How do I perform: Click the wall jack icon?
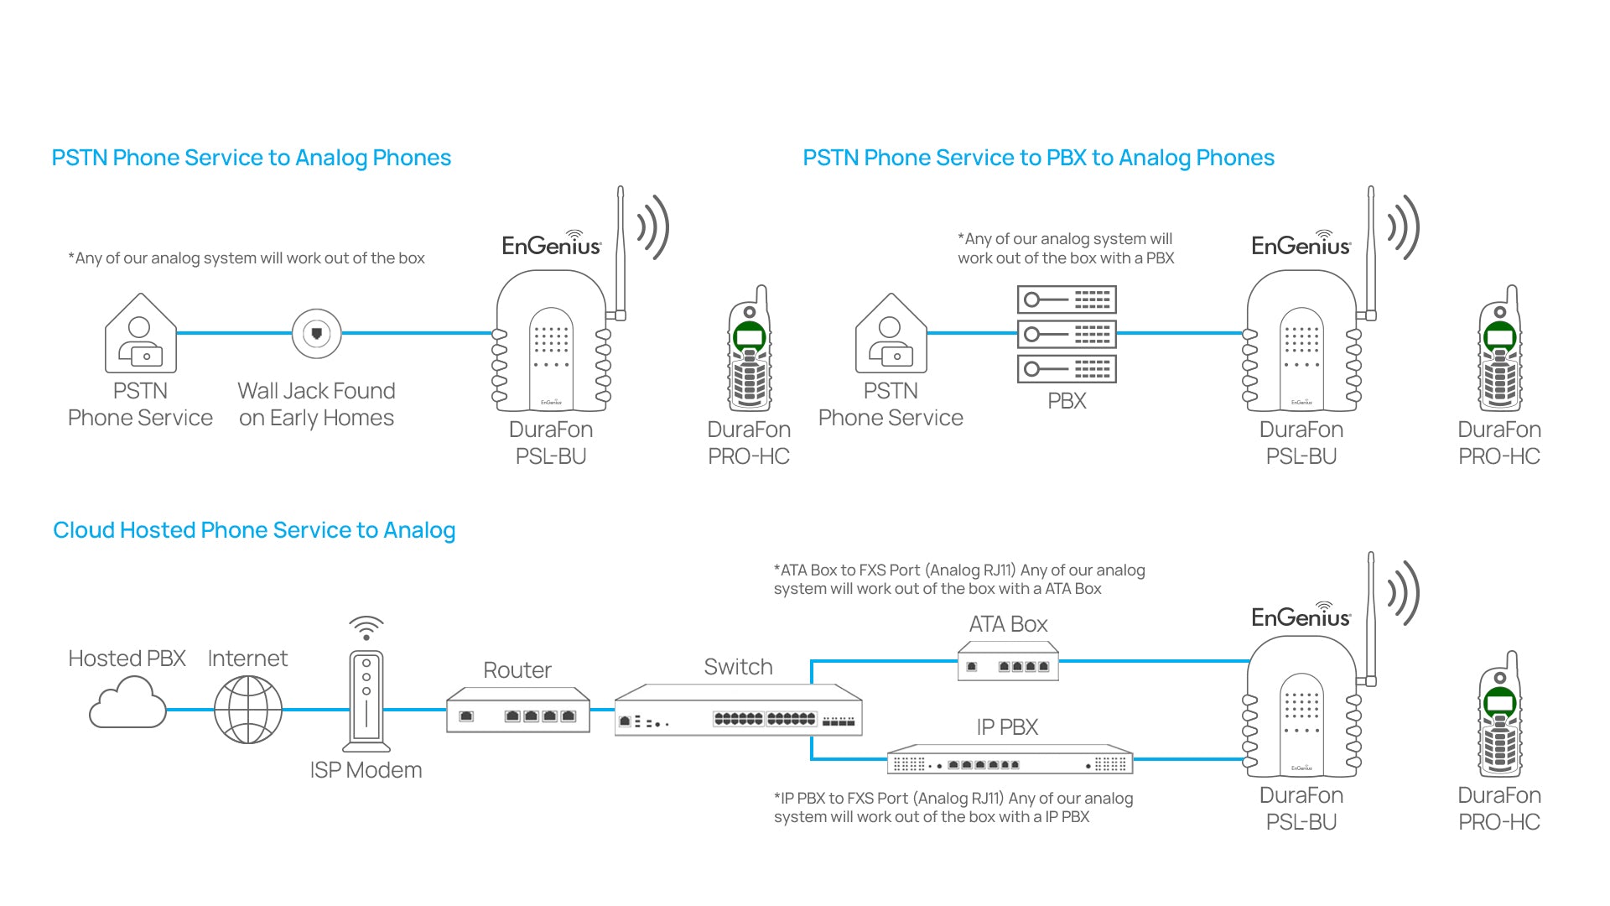(316, 334)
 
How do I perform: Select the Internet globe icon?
(248, 710)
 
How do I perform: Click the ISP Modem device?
(366, 700)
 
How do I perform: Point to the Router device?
(518, 711)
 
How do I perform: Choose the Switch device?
(738, 711)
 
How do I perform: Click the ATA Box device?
(1008, 662)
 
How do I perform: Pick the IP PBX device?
(1010, 759)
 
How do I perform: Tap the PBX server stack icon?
(1067, 334)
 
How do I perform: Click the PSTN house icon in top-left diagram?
(141, 334)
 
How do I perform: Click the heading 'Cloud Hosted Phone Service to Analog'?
(254, 530)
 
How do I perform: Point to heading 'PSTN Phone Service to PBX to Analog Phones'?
(1038, 158)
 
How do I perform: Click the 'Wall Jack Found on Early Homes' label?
(316, 404)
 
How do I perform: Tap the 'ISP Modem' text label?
(366, 770)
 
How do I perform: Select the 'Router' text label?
(517, 670)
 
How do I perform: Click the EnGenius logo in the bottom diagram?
(1301, 617)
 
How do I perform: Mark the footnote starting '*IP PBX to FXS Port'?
(953, 807)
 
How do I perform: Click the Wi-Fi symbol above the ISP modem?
(366, 627)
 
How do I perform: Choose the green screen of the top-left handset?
(749, 338)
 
